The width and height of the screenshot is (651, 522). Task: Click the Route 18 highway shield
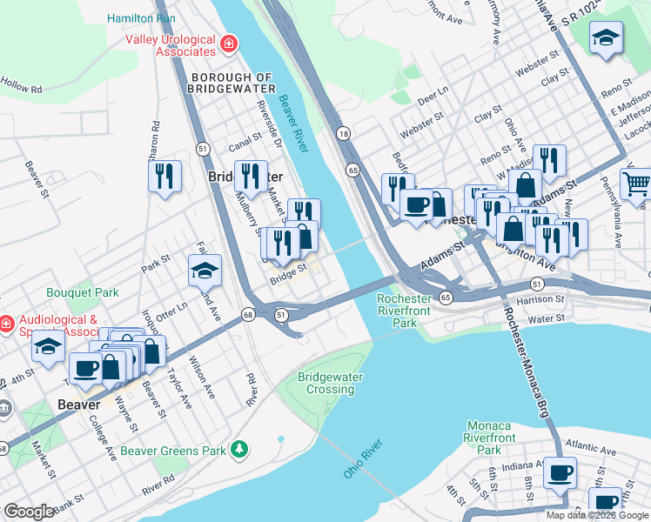[x=344, y=133]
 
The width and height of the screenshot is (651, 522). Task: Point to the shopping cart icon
[x=636, y=183]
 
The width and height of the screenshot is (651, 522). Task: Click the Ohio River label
[x=363, y=459]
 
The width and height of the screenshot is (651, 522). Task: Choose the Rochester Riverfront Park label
[x=403, y=311]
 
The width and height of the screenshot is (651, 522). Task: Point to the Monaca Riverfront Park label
[x=488, y=438]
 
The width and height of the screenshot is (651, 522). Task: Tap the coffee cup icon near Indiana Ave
[x=560, y=472]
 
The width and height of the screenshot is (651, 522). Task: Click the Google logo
[x=29, y=512]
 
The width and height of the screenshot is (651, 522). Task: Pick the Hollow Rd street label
[x=22, y=88]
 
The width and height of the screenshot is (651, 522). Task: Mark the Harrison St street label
[x=540, y=299]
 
